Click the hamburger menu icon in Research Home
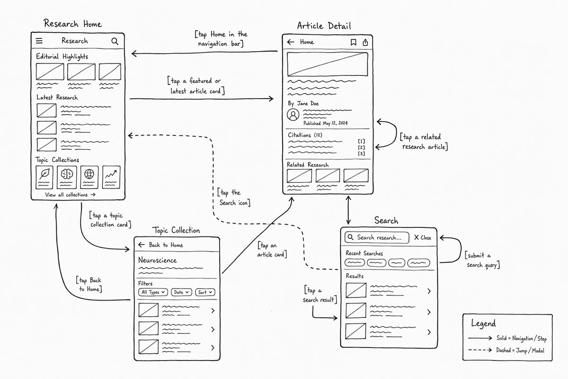(39, 41)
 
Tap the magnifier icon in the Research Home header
(115, 41)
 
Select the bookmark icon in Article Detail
(353, 42)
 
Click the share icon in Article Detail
(365, 42)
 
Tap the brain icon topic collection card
(67, 177)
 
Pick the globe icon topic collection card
(89, 177)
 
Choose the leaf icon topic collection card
(44, 177)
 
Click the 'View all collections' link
(70, 195)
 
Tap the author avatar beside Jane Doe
(293, 115)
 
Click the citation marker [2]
(361, 147)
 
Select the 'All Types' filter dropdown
(153, 292)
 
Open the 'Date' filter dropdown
(181, 292)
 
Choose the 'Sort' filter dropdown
(205, 292)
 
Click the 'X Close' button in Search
(423, 238)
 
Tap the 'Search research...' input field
(377, 238)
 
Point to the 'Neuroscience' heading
(158, 260)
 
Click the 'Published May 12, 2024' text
(326, 123)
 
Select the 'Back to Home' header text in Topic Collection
(166, 245)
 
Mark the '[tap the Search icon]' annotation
(234, 198)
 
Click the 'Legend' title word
(483, 324)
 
